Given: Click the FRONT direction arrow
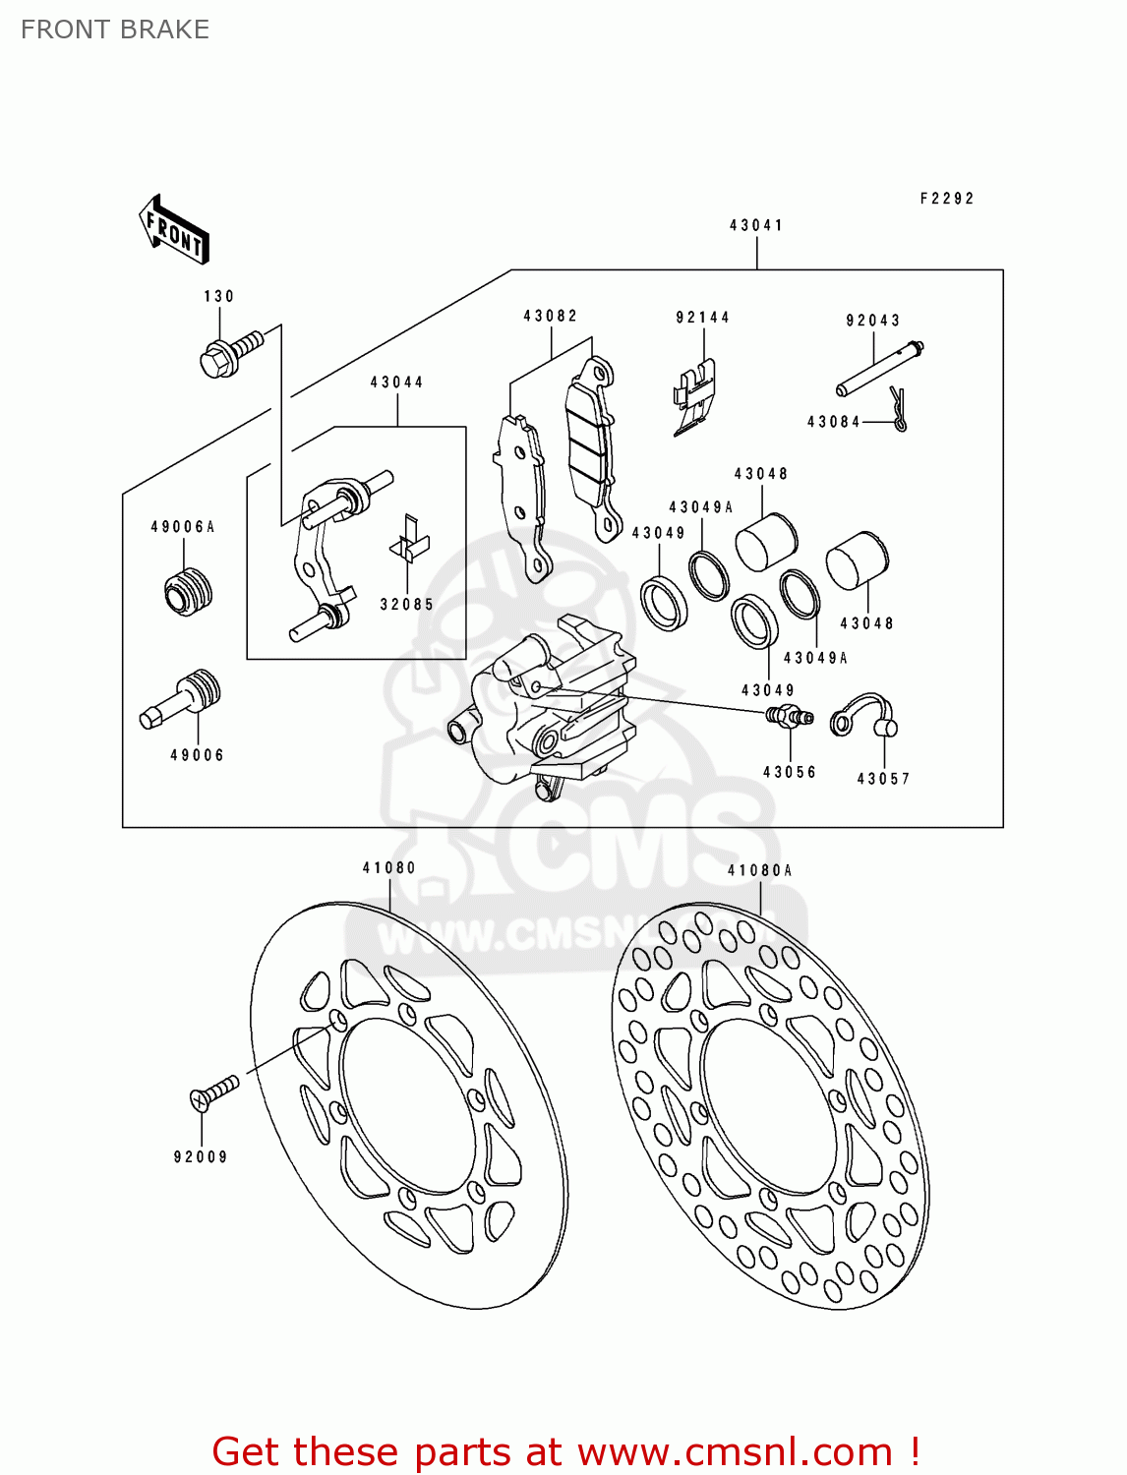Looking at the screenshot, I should pos(174,230).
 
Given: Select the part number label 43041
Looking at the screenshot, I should pos(756,225).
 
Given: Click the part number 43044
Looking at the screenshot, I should pos(396,383).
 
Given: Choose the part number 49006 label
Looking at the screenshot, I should pos(197,755).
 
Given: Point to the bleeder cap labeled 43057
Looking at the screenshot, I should pos(865,717).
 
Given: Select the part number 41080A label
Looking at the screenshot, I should pos(759,870).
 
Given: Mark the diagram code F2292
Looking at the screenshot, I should pos(946,198).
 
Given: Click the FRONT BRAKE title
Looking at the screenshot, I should pos(115,29).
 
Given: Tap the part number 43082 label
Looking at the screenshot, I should pos(550,316).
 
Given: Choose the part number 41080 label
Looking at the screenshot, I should pos(388,867).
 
